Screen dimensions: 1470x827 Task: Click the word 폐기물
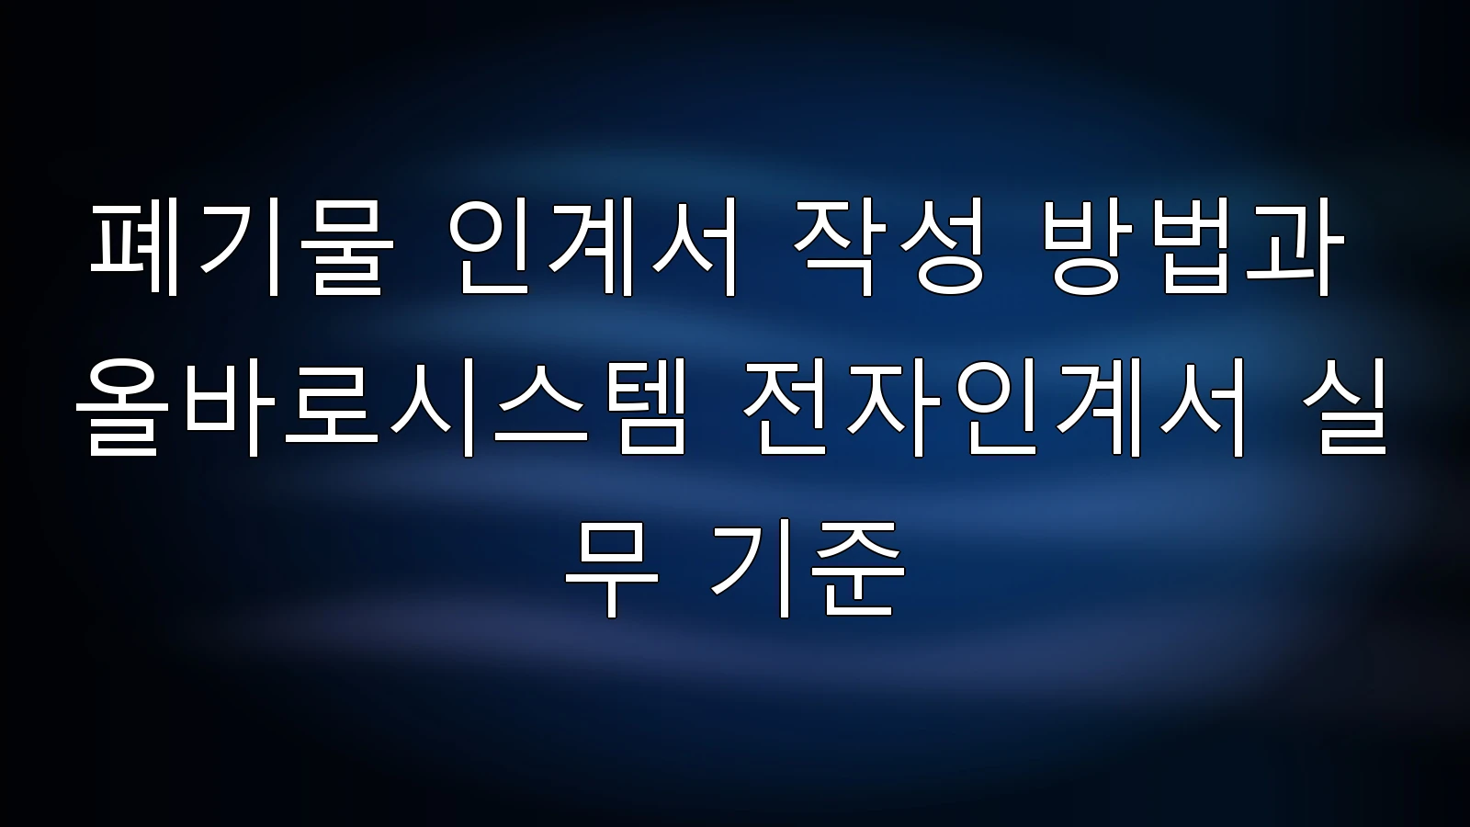tap(242, 248)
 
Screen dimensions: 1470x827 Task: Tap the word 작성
tap(890, 248)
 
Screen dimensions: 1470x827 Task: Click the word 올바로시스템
tap(381, 408)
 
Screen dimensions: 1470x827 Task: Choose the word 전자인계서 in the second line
tap(993, 408)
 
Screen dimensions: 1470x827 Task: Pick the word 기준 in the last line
tap(808, 569)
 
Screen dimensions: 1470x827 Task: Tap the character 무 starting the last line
tap(611, 569)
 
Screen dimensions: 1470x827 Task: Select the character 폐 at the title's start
tap(134, 248)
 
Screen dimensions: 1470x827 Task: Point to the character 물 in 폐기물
tap(348, 248)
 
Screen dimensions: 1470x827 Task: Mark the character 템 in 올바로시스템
tap(640, 408)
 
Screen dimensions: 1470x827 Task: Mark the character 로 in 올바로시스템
tap(331, 407)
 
